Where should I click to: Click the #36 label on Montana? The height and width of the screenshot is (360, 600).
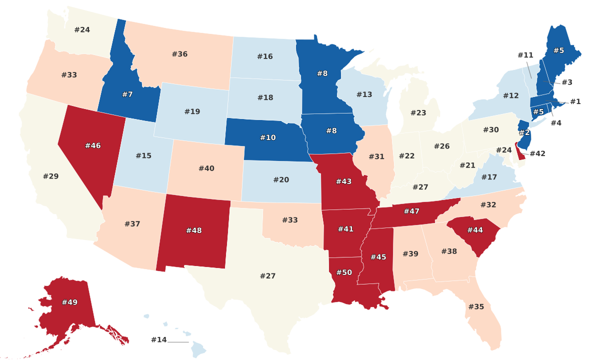[x=179, y=54]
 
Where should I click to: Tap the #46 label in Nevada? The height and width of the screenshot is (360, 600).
[x=93, y=145]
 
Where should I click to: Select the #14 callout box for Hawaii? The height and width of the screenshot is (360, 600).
[x=158, y=340]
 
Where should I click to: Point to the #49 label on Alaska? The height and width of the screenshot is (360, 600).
[x=69, y=302]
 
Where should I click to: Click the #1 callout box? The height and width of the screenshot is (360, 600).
[x=575, y=102]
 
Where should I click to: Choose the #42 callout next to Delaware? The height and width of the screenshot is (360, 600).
[x=537, y=153]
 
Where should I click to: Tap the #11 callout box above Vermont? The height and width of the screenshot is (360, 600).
[x=525, y=55]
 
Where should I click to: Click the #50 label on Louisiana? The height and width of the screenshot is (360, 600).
[x=344, y=272]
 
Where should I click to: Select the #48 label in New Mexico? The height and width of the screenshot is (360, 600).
[x=194, y=230]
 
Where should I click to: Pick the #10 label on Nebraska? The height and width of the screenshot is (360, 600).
[x=267, y=137]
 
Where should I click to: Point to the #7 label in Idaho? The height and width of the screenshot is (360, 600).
[x=127, y=94]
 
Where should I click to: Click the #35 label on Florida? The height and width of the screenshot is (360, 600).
[x=476, y=306]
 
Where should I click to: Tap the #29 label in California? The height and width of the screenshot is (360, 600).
[x=50, y=176]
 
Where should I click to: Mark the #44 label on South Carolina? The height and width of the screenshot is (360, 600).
[x=475, y=229]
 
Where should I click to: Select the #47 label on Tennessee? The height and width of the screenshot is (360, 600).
[x=411, y=211]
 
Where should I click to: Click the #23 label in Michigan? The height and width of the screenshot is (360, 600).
[x=418, y=113]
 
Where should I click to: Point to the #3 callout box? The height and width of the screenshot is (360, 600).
[x=566, y=82]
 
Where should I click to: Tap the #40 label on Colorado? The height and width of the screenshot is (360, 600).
[x=206, y=168]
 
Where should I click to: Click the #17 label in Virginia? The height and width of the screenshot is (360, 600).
[x=489, y=177]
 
